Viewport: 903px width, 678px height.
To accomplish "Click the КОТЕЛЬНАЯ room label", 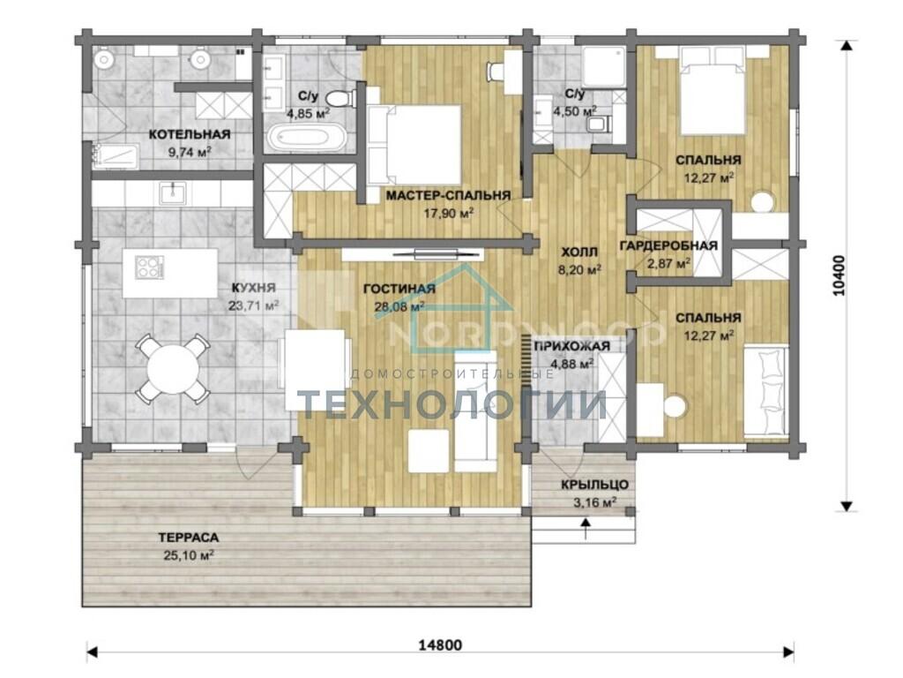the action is click(190, 134).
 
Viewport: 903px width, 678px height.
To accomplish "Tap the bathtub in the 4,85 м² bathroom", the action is click(306, 139).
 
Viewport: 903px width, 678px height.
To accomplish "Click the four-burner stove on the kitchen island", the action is click(149, 267).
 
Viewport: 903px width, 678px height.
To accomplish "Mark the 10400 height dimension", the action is click(840, 275).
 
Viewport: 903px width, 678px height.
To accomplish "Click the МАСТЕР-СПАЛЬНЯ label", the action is click(448, 195).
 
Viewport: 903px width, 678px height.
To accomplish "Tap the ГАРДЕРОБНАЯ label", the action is click(668, 246).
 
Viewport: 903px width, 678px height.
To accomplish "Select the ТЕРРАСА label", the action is click(189, 538).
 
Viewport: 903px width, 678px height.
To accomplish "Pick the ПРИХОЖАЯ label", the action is click(571, 346).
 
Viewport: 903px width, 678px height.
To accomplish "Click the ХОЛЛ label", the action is click(579, 252).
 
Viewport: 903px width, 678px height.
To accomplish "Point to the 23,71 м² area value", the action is click(253, 305).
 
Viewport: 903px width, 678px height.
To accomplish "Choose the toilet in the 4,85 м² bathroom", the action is click(339, 98).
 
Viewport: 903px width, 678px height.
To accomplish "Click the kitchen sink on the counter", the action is click(172, 192).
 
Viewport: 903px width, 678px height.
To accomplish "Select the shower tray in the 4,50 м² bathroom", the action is click(604, 67).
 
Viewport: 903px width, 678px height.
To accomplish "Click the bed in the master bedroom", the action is click(414, 144).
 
